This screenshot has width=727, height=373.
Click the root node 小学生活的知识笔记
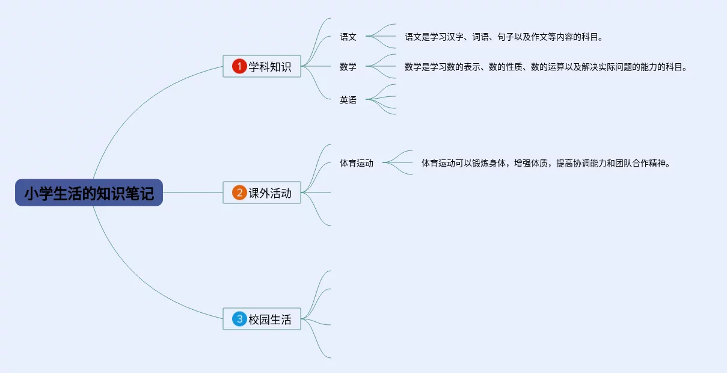[89, 193]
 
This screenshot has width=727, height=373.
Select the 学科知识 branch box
[262, 66]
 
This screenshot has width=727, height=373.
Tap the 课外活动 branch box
[262, 193]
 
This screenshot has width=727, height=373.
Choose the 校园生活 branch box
[262, 319]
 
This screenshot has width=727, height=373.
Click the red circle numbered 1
[239, 66]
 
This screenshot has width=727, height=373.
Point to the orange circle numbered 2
[239, 193]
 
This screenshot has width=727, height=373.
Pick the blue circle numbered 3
[239, 319]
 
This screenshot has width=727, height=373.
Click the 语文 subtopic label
[348, 37]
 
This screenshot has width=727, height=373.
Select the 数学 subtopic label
[348, 67]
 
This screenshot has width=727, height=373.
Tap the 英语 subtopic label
[348, 100]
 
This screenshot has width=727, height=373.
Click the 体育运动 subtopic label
[357, 163]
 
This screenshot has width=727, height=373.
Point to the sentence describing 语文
[503, 37]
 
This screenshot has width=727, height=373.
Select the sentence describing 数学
[545, 67]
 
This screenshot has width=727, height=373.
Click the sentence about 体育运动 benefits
[545, 163]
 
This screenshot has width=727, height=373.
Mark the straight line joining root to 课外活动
[192, 193]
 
